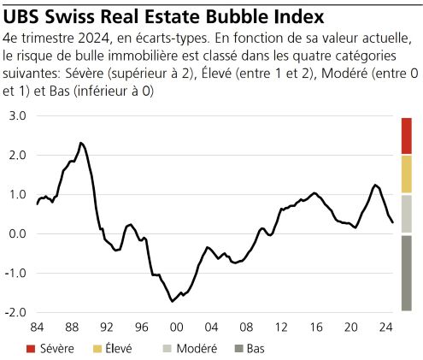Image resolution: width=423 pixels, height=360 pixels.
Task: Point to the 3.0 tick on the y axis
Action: (18, 115)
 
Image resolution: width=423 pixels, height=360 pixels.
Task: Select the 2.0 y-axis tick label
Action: (18, 155)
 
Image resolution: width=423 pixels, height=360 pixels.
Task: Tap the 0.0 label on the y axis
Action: (18, 233)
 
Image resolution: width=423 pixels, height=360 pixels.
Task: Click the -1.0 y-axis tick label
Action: (16, 273)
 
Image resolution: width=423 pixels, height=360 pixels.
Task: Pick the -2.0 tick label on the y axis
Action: (16, 312)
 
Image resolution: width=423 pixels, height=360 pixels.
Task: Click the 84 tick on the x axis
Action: (37, 328)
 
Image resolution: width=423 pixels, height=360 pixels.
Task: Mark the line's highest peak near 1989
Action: (79, 143)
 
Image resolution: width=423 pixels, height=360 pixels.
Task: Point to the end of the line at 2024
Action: (392, 222)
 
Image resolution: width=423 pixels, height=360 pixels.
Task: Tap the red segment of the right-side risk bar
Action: (406, 135)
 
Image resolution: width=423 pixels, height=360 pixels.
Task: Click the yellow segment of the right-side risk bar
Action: (406, 174)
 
